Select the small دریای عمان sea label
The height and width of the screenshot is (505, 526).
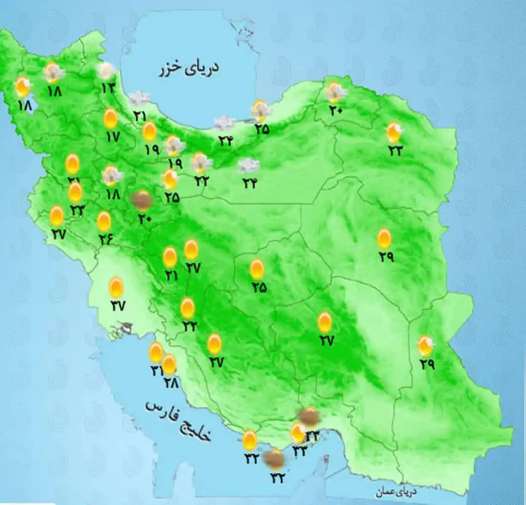(397, 492)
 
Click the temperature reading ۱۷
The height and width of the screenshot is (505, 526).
(112, 137)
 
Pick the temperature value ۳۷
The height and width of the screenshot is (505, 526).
(117, 306)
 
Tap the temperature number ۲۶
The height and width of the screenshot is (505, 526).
(105, 239)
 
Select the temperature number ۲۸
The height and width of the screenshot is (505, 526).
(171, 383)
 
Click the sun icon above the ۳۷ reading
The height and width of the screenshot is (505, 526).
(116, 287)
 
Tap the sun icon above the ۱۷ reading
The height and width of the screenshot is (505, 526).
(111, 118)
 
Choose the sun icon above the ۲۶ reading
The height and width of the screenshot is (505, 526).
(104, 222)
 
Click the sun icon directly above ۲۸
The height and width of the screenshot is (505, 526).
(169, 364)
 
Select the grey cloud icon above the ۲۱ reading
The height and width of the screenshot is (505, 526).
(140, 99)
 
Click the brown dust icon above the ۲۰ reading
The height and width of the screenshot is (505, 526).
(142, 200)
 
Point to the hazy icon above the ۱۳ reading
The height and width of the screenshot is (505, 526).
(106, 71)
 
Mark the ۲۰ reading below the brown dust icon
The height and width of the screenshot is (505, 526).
(144, 219)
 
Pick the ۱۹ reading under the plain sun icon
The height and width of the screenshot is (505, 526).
(151, 150)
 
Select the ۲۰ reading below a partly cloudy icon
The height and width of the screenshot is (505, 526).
(336, 111)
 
